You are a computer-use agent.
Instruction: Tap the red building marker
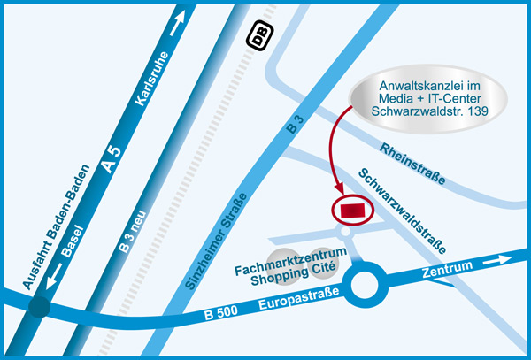point(352,211)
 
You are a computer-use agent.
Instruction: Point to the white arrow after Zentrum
point(497,259)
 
